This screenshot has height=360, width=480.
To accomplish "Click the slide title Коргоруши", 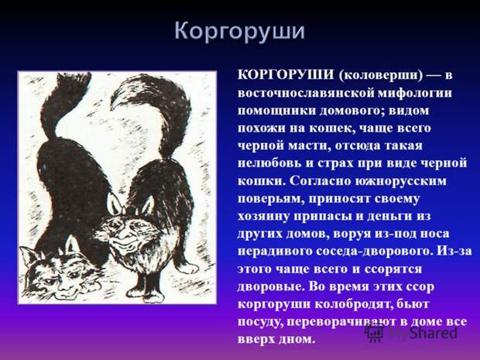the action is (240, 32).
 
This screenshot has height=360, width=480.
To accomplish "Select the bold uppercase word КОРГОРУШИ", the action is (286, 74).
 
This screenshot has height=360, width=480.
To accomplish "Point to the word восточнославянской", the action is (305, 93).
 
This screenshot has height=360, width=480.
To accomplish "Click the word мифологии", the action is (414, 93).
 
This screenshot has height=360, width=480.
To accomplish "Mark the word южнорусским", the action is (401, 181).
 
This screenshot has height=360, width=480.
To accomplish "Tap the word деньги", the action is (388, 216).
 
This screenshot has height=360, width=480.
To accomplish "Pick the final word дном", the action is (299, 340).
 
